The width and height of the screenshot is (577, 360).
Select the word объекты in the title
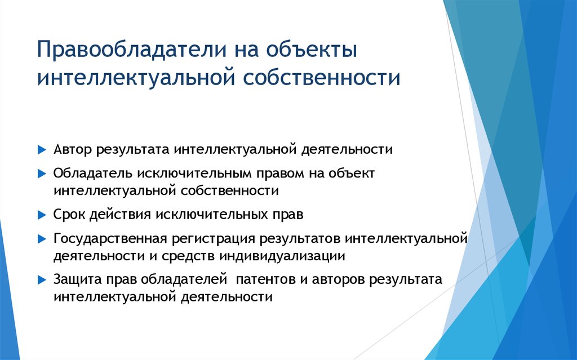tap(311, 50)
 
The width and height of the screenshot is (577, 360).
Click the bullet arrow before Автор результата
tap(42, 150)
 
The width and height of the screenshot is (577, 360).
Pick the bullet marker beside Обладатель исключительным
tap(42, 174)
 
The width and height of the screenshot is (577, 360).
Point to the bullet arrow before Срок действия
tap(42, 215)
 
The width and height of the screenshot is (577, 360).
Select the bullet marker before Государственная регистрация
tap(42, 239)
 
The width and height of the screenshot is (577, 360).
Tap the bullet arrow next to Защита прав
tap(42, 280)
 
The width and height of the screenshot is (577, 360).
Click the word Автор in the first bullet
tap(73, 149)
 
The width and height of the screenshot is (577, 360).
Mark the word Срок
tap(69, 214)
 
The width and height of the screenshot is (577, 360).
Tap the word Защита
tap(78, 279)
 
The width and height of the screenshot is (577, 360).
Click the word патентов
tap(265, 279)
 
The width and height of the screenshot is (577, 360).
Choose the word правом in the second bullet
tap(281, 174)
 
